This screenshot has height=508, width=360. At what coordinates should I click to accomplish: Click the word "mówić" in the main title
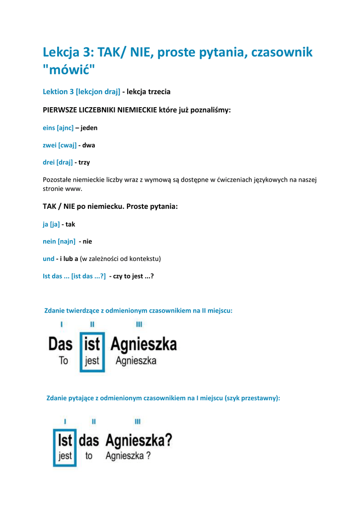(69, 70)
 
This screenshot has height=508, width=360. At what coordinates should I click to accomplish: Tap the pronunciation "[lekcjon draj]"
(98, 91)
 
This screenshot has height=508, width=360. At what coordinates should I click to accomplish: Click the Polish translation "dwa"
(88, 145)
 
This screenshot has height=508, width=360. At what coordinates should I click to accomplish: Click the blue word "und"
(49, 258)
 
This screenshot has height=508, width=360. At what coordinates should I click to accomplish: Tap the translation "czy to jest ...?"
(133, 276)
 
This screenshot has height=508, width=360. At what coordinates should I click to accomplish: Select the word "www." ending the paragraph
(73, 189)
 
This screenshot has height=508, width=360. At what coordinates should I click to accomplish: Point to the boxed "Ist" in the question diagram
(65, 440)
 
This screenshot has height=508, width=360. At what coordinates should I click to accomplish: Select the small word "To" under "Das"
(64, 361)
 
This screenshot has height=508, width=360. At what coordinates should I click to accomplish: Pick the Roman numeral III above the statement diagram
(139, 324)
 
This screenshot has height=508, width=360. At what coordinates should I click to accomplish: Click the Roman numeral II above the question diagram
(94, 422)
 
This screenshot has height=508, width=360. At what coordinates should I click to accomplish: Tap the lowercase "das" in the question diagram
(89, 440)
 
